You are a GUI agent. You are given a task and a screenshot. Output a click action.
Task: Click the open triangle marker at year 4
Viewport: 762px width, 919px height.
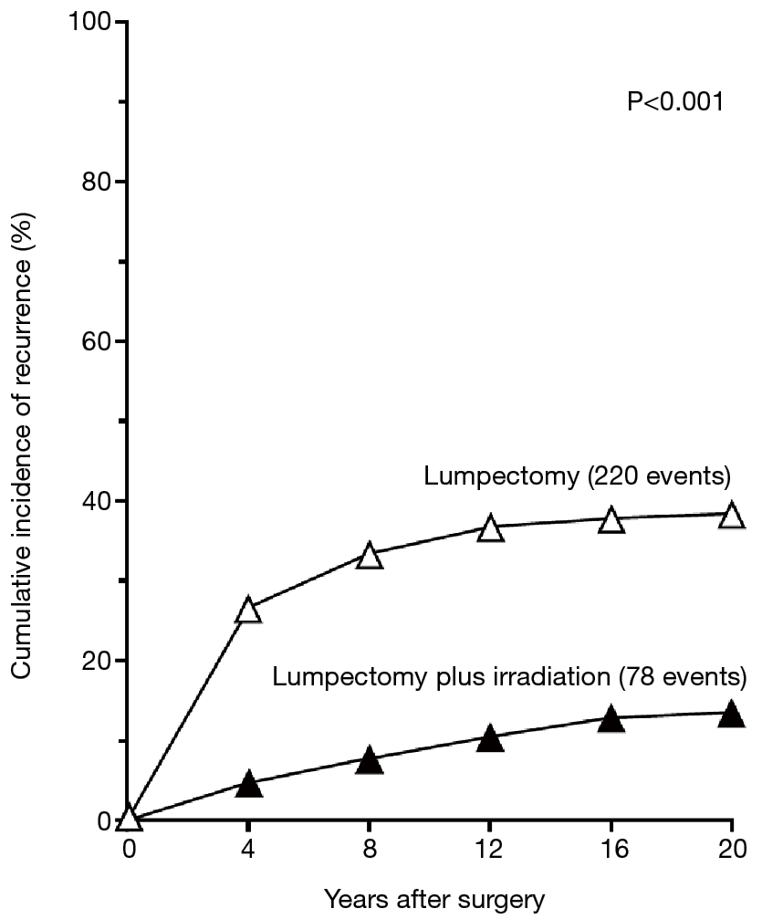click(248, 610)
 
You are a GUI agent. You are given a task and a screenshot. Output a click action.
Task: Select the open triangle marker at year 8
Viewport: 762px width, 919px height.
click(370, 555)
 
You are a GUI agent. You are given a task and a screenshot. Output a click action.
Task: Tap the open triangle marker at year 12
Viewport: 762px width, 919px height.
click(490, 528)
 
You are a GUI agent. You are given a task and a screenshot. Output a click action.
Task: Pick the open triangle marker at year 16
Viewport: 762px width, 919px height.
click(611, 519)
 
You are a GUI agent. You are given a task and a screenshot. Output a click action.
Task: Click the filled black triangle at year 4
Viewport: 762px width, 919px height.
click(248, 785)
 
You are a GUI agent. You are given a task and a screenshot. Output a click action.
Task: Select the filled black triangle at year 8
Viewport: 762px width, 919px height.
click(370, 760)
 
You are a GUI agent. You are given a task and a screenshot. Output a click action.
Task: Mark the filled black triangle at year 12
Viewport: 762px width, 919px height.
click(490, 738)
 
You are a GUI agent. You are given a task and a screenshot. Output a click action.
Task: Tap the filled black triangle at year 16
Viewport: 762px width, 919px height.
click(611, 719)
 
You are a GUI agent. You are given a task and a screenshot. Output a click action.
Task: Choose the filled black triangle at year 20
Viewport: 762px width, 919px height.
click(731, 714)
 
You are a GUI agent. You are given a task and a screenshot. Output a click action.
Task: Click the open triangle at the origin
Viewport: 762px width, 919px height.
click(129, 818)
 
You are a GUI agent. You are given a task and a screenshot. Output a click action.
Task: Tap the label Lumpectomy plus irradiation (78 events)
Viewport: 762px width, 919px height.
click(509, 677)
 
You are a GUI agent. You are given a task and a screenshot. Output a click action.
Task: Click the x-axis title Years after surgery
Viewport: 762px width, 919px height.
click(434, 900)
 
